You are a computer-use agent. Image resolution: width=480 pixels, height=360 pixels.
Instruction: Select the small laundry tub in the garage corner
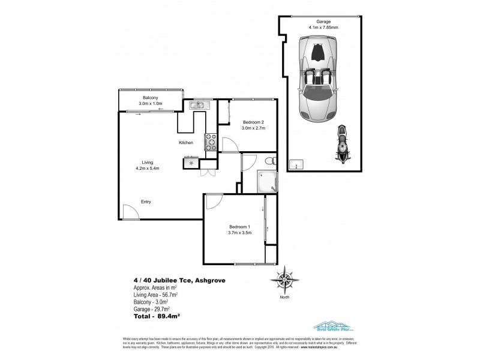pos(296,164)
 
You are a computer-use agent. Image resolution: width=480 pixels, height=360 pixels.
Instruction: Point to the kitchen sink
pos(197,106)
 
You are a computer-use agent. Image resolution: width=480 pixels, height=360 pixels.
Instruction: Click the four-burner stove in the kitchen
pos(211,142)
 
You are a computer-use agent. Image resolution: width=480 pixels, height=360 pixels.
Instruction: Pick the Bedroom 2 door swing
pos(229,144)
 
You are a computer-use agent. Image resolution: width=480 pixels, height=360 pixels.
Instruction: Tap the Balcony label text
pos(150,98)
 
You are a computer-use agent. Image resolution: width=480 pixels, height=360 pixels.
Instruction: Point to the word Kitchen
pos(185,143)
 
